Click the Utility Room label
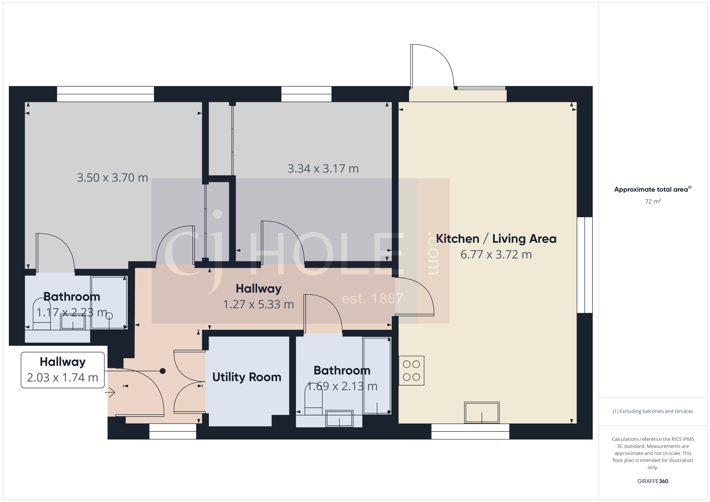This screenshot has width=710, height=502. [247, 377]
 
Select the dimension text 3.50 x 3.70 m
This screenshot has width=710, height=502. [112, 178]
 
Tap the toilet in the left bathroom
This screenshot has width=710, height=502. [42, 314]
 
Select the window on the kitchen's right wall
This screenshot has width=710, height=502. [584, 265]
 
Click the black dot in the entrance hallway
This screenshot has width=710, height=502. [163, 371]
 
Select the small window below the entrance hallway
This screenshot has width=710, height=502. [172, 431]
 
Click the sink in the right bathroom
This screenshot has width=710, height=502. [339, 419]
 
